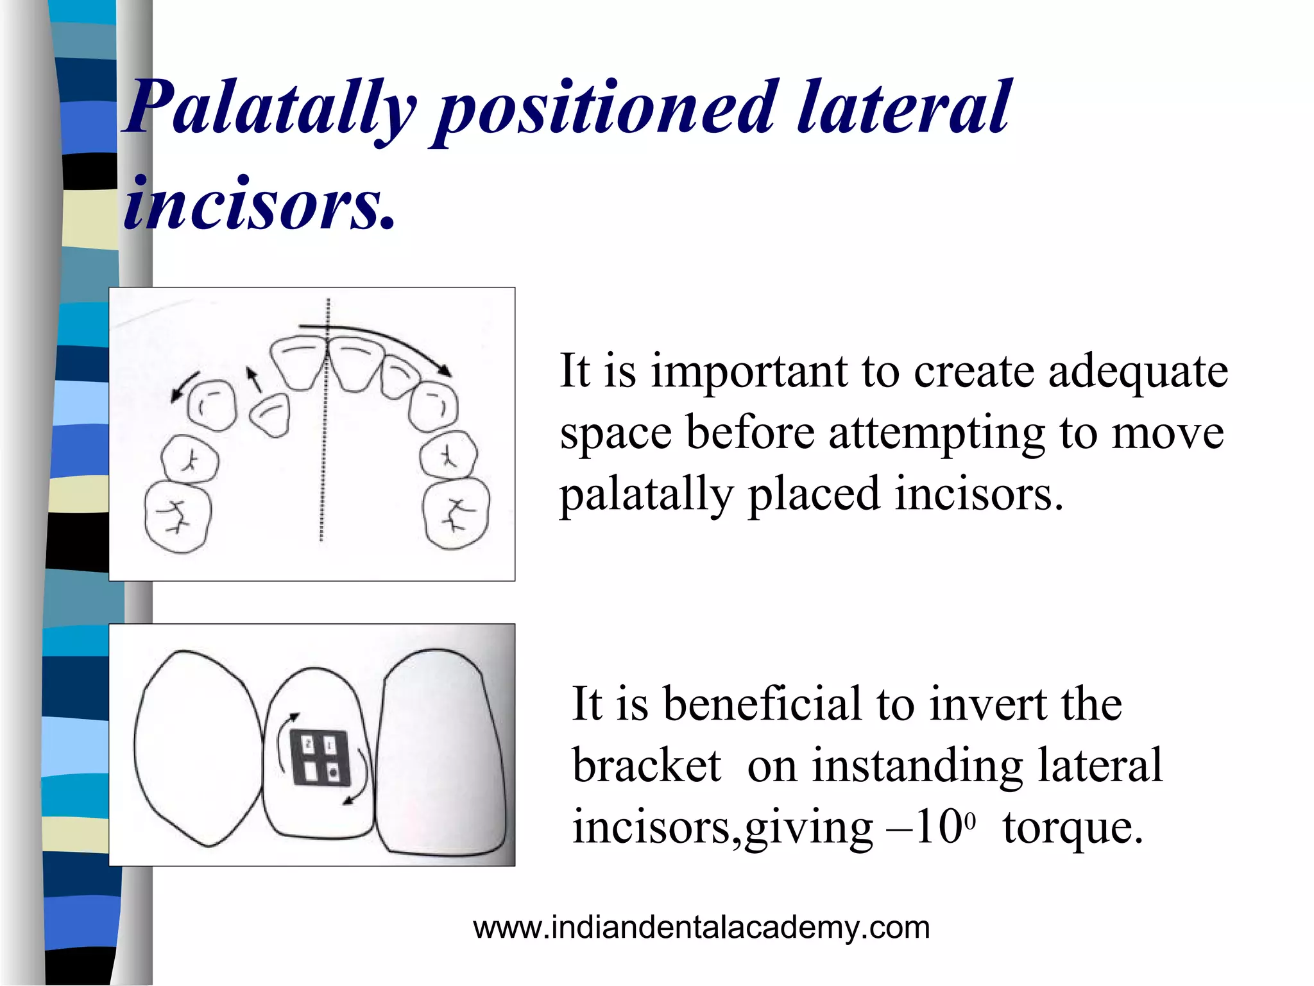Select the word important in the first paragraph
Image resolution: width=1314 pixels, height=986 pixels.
(748, 372)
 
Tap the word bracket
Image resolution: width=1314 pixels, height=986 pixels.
(646, 766)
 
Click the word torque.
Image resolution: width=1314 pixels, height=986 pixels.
(1073, 827)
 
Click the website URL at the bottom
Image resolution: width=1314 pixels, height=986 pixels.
(701, 928)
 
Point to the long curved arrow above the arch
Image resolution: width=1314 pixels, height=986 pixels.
(385, 340)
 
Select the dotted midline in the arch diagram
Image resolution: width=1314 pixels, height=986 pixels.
(325, 449)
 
